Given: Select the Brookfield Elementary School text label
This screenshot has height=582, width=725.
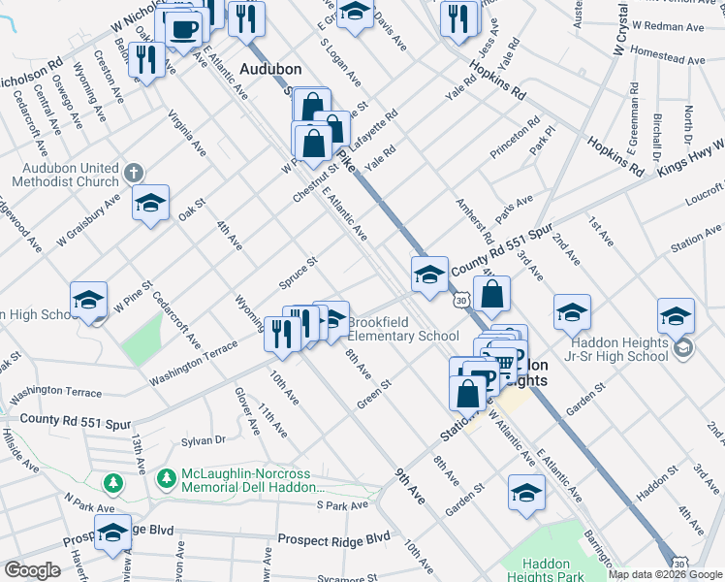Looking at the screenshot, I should (402, 329).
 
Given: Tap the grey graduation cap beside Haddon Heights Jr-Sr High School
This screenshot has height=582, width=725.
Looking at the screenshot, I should (684, 346).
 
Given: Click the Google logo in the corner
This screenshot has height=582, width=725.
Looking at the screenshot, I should (32, 569).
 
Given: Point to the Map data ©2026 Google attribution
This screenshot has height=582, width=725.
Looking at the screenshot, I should (665, 574).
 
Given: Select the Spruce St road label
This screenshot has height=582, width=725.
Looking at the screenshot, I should (299, 274).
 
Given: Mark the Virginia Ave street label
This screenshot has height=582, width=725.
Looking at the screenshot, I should (187, 133).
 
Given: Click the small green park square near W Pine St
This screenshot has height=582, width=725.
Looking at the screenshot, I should (142, 334).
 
